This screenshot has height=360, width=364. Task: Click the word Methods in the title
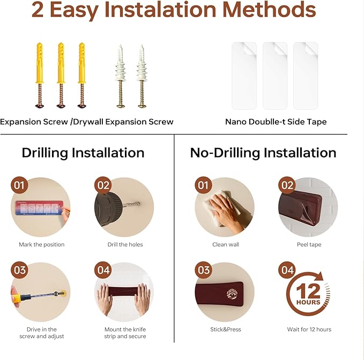pos(269,9)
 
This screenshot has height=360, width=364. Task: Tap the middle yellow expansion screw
pos(61,75)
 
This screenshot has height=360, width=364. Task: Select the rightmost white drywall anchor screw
pos(142,76)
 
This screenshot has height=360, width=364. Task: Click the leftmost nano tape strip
pos(244,76)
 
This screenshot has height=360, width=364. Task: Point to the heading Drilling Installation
pos(83,153)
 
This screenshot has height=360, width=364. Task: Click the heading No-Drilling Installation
pos(263,153)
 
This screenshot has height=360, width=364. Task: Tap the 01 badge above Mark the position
pos(19,185)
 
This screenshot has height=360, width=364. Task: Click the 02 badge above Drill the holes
pos(103,185)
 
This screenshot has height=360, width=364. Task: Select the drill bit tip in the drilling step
pos(139,204)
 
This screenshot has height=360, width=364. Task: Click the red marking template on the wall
pos(39,208)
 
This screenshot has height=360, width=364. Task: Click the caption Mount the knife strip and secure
pos(125,333)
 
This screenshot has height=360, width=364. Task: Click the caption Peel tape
pos(309,244)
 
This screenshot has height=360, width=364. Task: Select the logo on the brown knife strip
pos(232,294)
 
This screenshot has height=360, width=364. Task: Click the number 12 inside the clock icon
pos(308,291)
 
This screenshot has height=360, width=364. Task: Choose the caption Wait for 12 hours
pos(309,329)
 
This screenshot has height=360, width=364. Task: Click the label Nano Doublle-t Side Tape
pos(276,122)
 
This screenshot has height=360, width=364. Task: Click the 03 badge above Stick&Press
pos(204,270)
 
